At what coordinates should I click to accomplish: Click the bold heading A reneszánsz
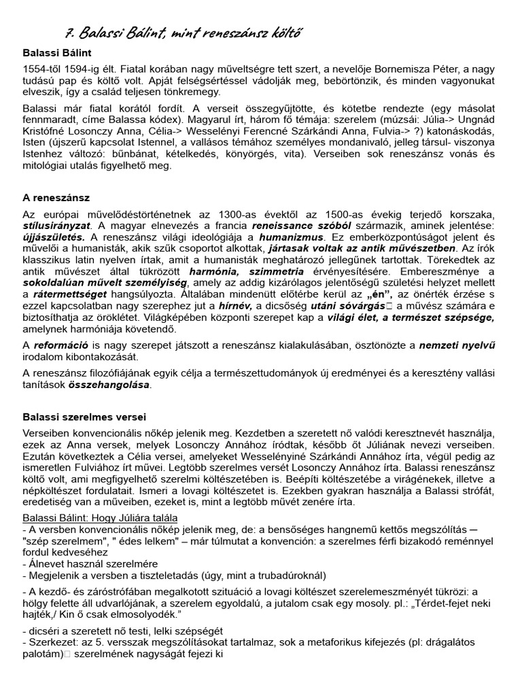[56, 198]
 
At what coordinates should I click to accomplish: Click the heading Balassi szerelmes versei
[84, 417]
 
